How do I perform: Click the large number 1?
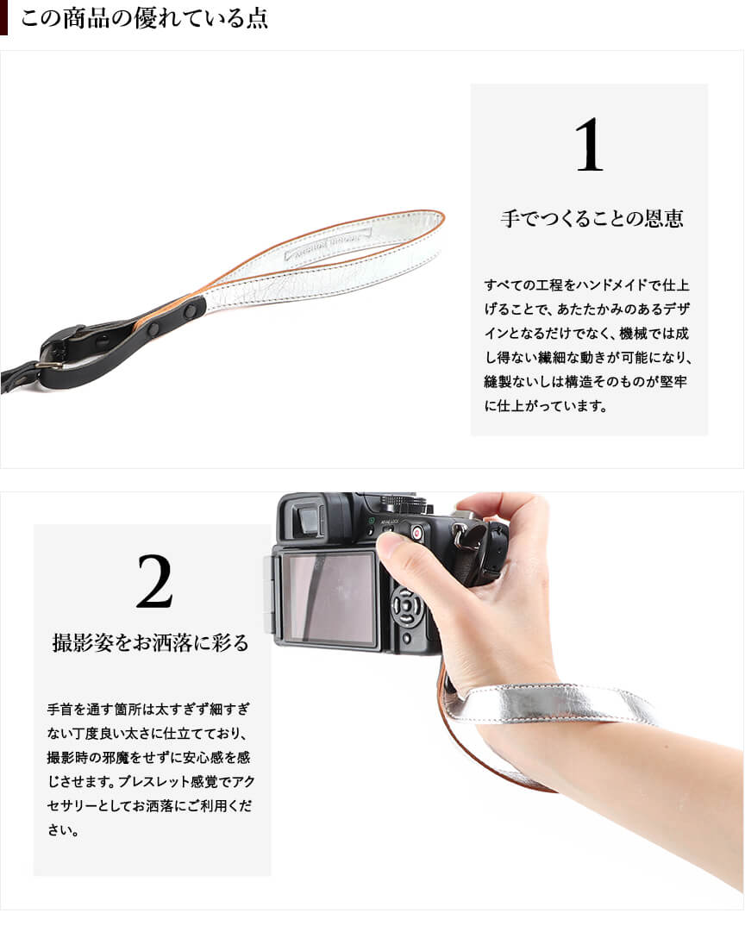coord(589,145)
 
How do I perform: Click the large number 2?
coord(154,581)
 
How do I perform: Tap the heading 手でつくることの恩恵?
coord(592,219)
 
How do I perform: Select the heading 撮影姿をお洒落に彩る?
coord(150,642)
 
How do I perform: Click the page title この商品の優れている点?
coord(145,18)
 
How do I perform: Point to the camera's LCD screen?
coord(328,597)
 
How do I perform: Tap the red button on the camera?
coord(416,533)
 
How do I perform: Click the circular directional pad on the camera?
coord(407,607)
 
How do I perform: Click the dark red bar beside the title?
coord(3,17)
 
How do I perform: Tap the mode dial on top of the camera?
coord(408,504)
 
